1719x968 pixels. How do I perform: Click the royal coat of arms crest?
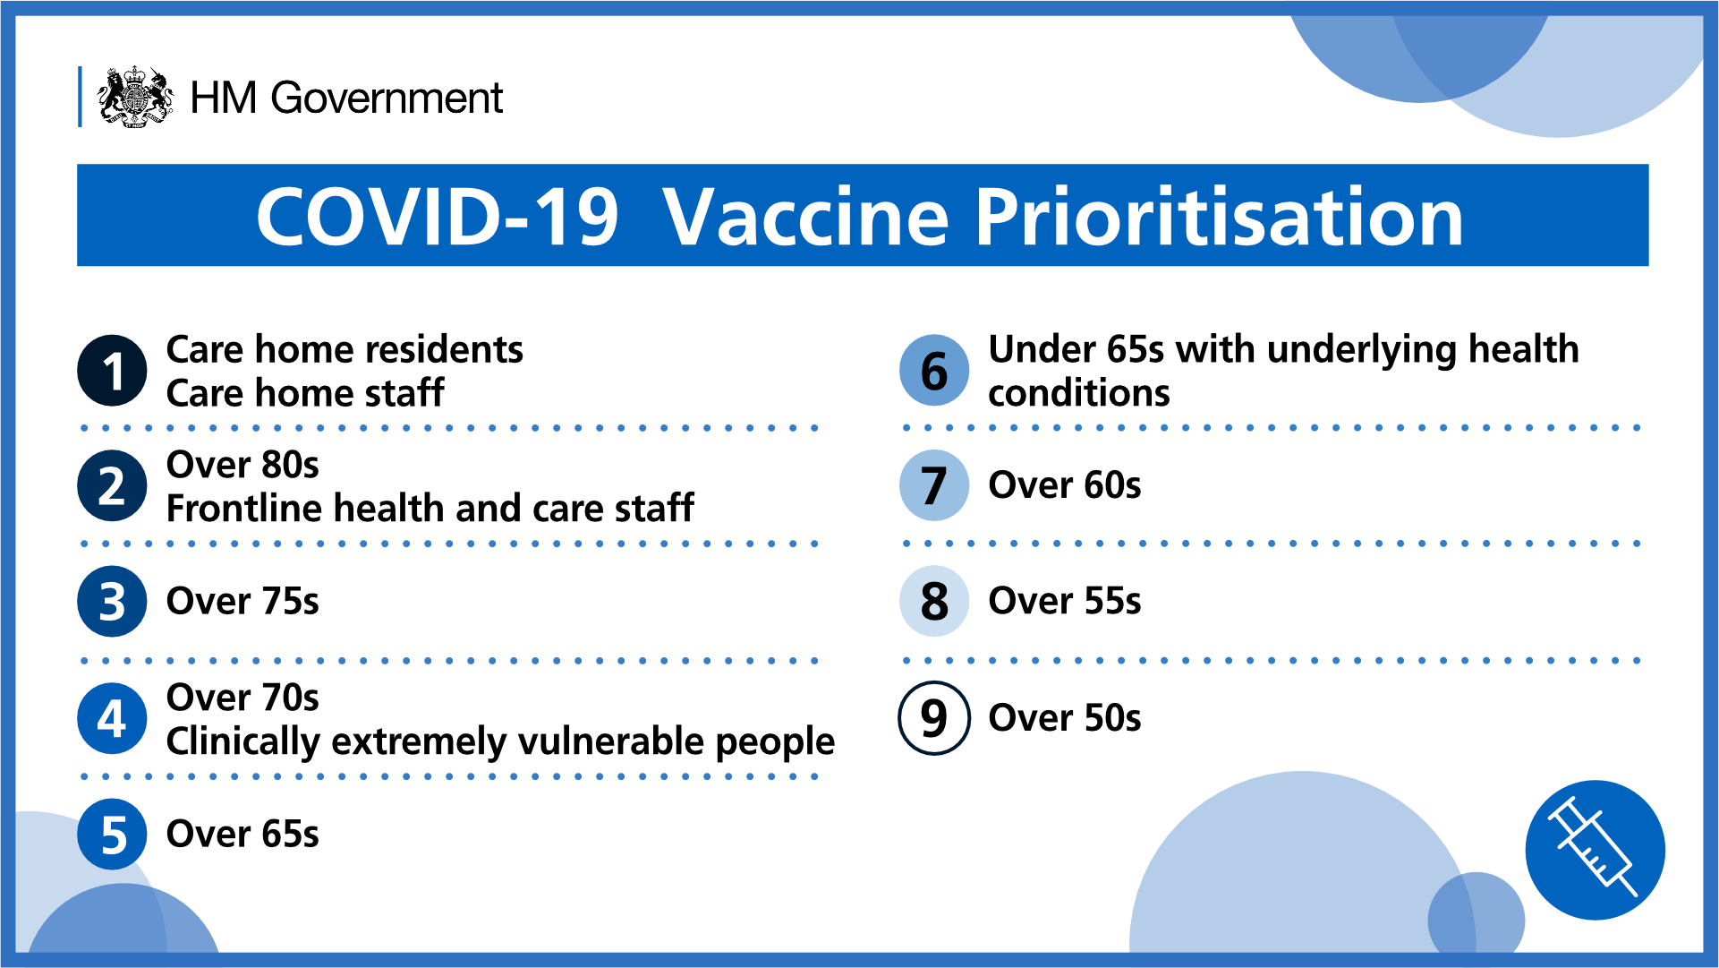pyautogui.click(x=135, y=97)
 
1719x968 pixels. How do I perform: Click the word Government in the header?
pyautogui.click(x=387, y=98)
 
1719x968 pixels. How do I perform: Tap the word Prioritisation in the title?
pyautogui.click(x=1219, y=217)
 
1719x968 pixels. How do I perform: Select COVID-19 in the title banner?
pyautogui.click(x=437, y=217)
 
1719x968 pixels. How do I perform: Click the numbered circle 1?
pyautogui.click(x=112, y=371)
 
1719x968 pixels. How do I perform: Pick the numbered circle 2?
pyautogui.click(x=112, y=486)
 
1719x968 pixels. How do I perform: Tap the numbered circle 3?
pyautogui.click(x=112, y=602)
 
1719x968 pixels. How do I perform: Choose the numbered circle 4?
pyautogui.click(x=112, y=718)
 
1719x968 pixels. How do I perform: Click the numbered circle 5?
pyautogui.click(x=112, y=835)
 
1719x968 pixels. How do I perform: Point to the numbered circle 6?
pyautogui.click(x=934, y=371)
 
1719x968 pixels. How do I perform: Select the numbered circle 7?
pyautogui.click(x=934, y=486)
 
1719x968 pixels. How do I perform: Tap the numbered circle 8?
pyautogui.click(x=934, y=602)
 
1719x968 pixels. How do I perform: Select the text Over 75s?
pyautogui.click(x=243, y=602)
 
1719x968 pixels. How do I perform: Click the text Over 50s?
pyautogui.click(x=1065, y=718)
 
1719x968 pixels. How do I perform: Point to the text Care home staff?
pyautogui.click(x=305, y=393)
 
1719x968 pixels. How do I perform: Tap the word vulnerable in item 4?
pyautogui.click(x=612, y=741)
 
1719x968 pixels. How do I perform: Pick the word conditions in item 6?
pyautogui.click(x=1079, y=393)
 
